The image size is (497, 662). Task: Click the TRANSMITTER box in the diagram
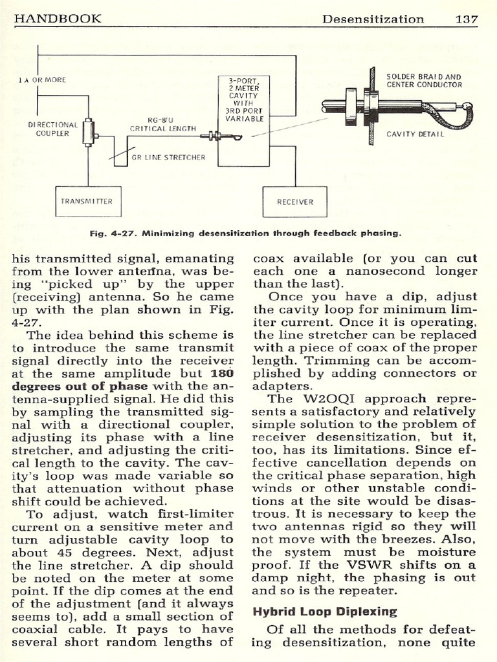[x=87, y=201]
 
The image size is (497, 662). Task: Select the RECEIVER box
[x=294, y=202]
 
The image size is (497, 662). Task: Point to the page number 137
[x=466, y=18]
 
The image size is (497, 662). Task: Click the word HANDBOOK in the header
[x=58, y=18]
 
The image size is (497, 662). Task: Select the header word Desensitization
[x=373, y=18]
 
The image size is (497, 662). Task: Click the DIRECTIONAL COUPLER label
[x=52, y=129]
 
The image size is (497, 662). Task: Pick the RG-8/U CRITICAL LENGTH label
[x=162, y=124]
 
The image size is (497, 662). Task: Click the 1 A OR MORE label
[x=42, y=80]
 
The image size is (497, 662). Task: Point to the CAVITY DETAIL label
[x=415, y=134]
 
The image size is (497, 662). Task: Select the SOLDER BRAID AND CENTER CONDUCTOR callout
[x=424, y=80]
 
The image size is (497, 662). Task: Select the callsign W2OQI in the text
[x=330, y=399]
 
